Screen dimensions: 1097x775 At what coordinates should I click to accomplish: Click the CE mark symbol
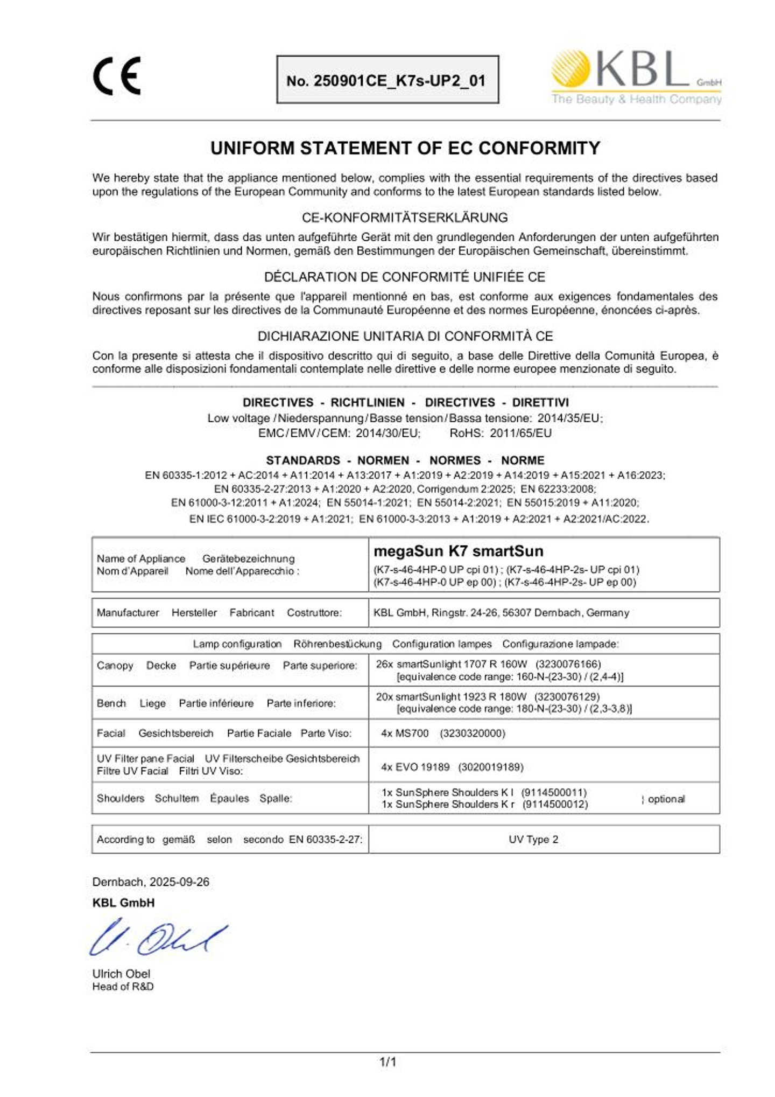pyautogui.click(x=117, y=76)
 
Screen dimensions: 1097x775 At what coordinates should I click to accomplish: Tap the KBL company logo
pyautogui.click(x=636, y=76)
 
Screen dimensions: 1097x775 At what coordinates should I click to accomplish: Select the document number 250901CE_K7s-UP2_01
pyautogui.click(x=387, y=81)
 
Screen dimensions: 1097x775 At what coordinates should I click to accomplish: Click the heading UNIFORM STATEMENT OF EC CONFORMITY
pyautogui.click(x=405, y=148)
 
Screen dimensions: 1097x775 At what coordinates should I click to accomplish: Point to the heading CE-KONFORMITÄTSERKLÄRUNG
pyautogui.click(x=405, y=218)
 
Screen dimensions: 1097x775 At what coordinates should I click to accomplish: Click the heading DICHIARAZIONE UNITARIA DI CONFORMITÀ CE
pyautogui.click(x=405, y=336)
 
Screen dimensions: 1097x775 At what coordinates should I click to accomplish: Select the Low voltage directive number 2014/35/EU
pyautogui.click(x=570, y=418)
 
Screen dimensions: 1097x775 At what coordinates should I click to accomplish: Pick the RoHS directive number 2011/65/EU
pyautogui.click(x=520, y=433)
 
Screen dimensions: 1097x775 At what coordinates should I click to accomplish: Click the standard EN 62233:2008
pyautogui.click(x=558, y=489)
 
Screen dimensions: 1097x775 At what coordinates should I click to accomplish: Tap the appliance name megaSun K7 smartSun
pyautogui.click(x=458, y=551)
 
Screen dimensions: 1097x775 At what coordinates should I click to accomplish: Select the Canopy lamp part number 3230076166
pyautogui.click(x=568, y=664)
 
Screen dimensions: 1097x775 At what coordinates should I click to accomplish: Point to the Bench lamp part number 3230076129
pyautogui.click(x=567, y=696)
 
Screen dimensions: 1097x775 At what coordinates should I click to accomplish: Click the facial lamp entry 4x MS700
pyautogui.click(x=405, y=733)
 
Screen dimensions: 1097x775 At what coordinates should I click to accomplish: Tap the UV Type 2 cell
pyautogui.click(x=533, y=839)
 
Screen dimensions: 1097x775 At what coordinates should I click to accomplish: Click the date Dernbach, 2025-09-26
pyautogui.click(x=151, y=882)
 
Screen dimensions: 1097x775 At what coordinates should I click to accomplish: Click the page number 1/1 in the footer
pyautogui.click(x=387, y=1063)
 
